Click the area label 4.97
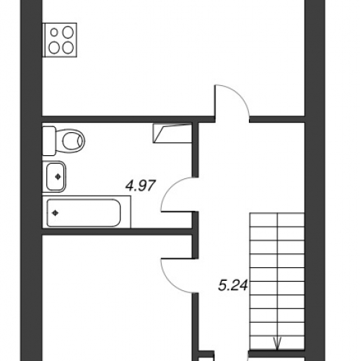tap(141, 186)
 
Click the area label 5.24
tap(233, 285)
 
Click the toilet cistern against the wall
tap(49, 141)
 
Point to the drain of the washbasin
tap(58, 177)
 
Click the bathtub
tap(87, 212)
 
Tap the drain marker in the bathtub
tap(56, 213)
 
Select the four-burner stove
tap(60, 40)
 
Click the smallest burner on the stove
tap(55, 32)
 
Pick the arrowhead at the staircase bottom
tap(278, 344)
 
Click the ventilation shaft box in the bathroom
tap(172, 133)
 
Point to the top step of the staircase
tap(277, 219)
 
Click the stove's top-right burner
tap(68, 32)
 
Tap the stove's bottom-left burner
tap(54, 48)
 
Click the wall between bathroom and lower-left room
tap(117, 232)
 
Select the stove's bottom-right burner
tap(68, 48)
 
